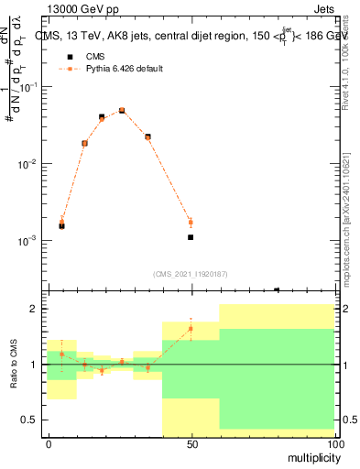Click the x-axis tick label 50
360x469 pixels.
pyautogui.click(x=191, y=443)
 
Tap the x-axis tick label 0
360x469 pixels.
pyautogui.click(x=48, y=443)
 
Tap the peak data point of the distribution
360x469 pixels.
pyautogui.click(x=122, y=110)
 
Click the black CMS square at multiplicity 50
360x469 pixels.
pyautogui.click(x=191, y=237)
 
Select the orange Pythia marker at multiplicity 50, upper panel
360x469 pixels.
pyautogui.click(x=191, y=222)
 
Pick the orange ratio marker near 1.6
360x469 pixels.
pyautogui.click(x=191, y=329)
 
